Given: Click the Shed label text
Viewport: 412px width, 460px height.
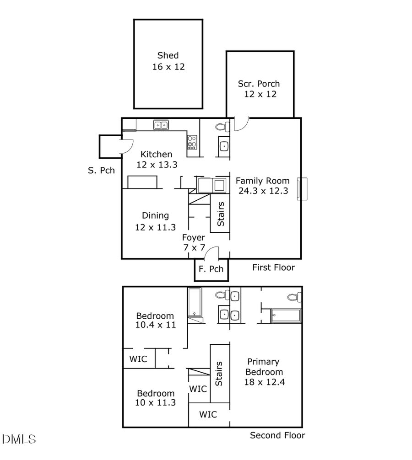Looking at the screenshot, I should click(x=168, y=56).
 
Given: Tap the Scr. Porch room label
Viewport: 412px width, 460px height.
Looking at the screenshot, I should click(x=259, y=84).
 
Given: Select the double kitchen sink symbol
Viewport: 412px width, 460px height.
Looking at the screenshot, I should click(x=161, y=124).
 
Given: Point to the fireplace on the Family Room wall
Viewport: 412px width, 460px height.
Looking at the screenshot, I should click(x=302, y=189).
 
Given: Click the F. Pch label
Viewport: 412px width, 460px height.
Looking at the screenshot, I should click(x=211, y=269).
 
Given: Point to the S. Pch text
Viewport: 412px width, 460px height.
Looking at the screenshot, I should click(x=101, y=171).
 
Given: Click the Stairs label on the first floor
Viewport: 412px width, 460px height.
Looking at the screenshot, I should click(x=221, y=214).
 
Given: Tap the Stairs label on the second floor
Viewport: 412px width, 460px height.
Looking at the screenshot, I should click(x=219, y=374).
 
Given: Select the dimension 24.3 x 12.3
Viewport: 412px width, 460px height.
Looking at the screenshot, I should click(x=263, y=191).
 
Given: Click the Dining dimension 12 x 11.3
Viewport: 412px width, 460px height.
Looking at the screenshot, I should click(x=155, y=227).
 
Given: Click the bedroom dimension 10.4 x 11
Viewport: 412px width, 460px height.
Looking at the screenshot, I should click(x=155, y=325).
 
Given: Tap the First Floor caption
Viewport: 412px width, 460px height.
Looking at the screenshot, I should click(x=273, y=267).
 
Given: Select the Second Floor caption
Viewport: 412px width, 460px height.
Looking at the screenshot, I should click(x=277, y=435).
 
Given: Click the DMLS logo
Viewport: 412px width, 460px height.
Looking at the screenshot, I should click(x=19, y=439).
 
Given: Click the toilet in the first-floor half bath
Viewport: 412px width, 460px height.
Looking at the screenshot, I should click(x=222, y=127).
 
